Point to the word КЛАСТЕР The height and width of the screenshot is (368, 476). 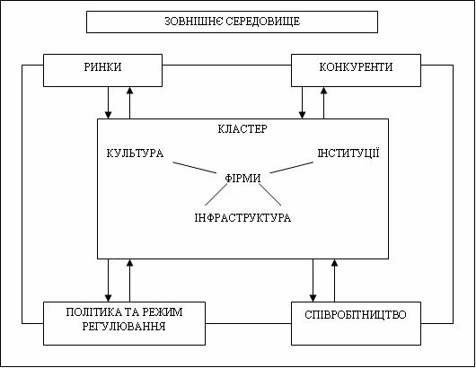(242, 129)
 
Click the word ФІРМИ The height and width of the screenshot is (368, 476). (242, 178)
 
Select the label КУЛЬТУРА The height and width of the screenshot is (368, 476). (135, 153)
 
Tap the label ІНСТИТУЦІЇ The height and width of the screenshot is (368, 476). (348, 153)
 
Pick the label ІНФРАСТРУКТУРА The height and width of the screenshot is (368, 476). (242, 218)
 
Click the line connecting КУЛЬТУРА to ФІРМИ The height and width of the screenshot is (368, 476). (195, 168)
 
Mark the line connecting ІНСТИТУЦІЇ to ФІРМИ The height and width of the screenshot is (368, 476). (291, 168)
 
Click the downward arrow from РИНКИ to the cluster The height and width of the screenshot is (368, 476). (108, 103)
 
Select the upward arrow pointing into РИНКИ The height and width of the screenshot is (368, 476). (129, 103)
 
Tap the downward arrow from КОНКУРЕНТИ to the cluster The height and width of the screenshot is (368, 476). (302, 103)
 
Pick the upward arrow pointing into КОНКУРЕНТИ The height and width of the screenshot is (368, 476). (323, 103)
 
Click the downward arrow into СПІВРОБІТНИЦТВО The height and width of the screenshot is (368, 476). (313, 280)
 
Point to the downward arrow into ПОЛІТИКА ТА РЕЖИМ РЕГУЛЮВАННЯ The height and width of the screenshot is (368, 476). (108, 280)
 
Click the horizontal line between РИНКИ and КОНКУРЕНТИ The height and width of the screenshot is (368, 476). (226, 65)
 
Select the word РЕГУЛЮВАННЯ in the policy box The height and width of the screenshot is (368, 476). (124, 327)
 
